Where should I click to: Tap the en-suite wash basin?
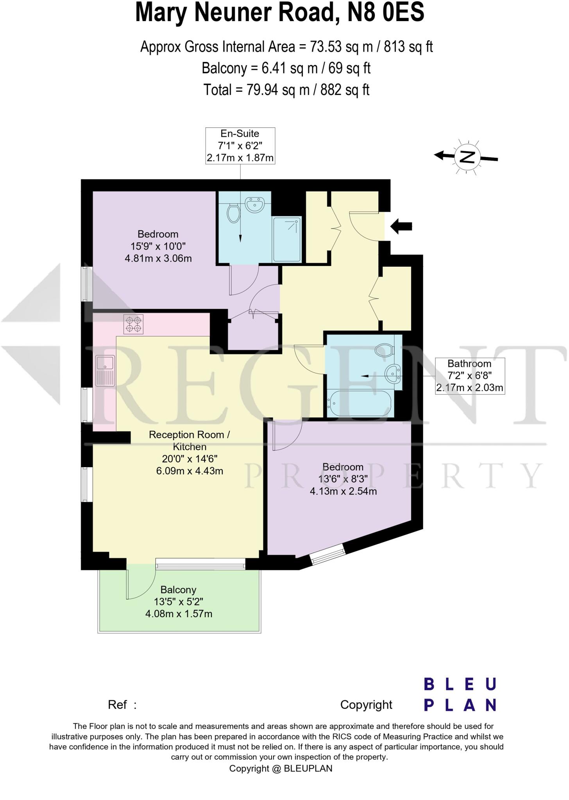(255, 204)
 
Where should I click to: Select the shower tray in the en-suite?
(287, 239)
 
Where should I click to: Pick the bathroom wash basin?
(392, 373)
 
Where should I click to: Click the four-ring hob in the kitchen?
(133, 324)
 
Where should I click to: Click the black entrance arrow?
(401, 226)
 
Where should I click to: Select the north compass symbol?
(467, 157)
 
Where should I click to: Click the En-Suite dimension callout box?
(240, 146)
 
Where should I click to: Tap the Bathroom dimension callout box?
(469, 376)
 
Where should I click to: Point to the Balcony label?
(178, 589)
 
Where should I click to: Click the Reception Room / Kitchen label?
(190, 440)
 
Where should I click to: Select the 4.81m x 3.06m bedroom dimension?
(158, 258)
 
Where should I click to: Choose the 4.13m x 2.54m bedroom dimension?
(343, 491)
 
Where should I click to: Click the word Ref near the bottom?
(117, 705)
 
